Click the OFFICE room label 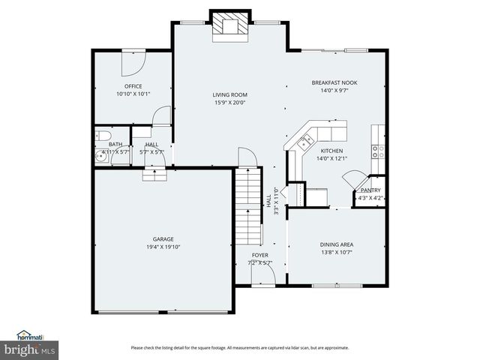(133, 86)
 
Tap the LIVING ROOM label (229, 94)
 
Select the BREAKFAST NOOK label (334, 82)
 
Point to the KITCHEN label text (331, 151)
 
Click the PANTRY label (370, 190)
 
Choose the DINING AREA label (337, 244)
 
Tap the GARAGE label (163, 239)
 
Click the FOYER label (260, 255)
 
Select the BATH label (115, 144)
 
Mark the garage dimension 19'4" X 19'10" (163, 247)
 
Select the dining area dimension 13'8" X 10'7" (337, 252)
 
